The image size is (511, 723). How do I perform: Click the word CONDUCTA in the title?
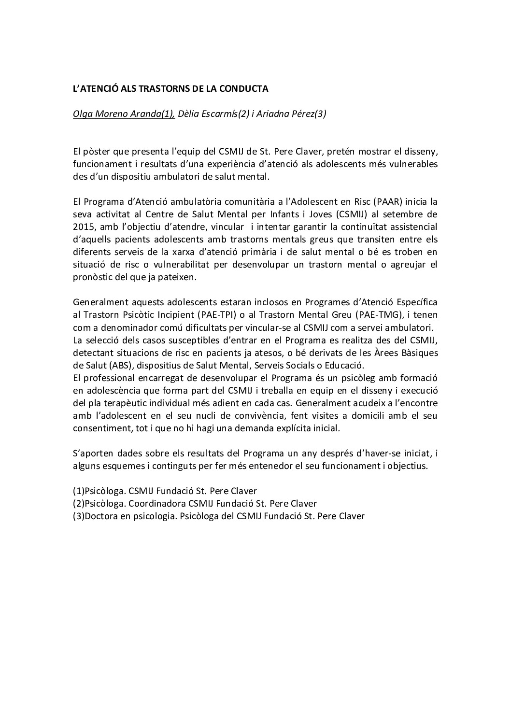(240, 89)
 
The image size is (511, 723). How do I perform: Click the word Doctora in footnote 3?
(100, 516)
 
